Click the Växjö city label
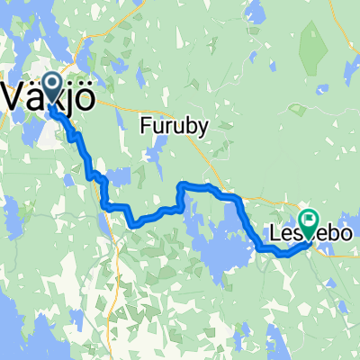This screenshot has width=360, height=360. click(x=47, y=94)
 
